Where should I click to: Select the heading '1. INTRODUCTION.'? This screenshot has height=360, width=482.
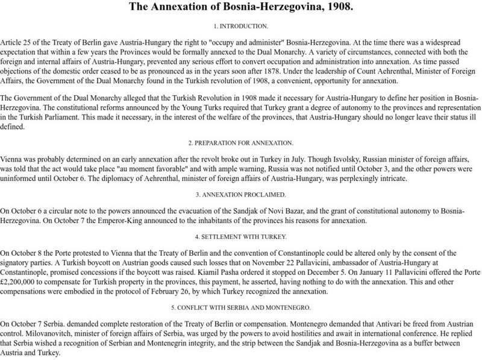tap(241, 28)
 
